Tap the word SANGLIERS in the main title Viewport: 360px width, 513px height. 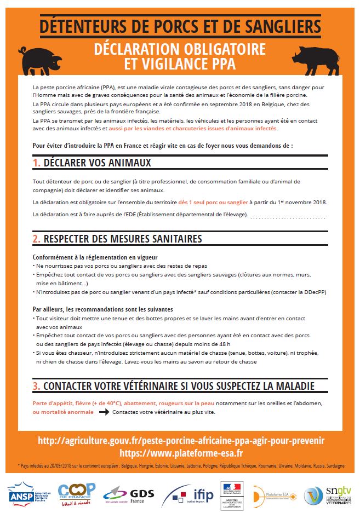point(278,25)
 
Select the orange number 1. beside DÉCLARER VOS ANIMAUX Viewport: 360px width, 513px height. point(37,163)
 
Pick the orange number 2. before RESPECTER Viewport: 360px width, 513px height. point(37,239)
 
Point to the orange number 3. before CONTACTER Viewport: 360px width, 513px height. point(37,386)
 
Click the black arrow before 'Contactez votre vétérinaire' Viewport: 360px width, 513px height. point(104,412)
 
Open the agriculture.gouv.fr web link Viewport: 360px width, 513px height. point(181,441)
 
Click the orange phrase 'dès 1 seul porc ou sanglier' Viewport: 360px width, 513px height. point(213,202)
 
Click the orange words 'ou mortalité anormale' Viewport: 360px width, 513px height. point(62,412)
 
